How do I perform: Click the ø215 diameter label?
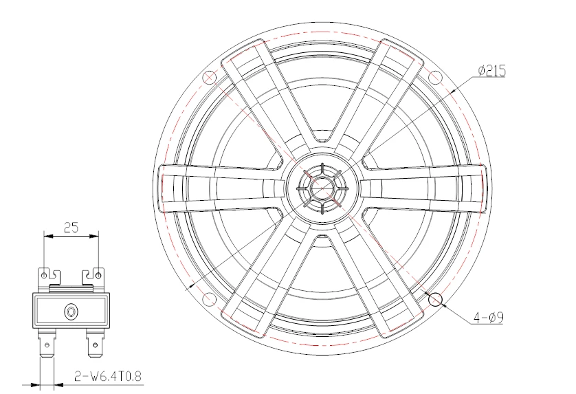pyautogui.click(x=492, y=71)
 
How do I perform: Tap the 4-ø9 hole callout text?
pyautogui.click(x=488, y=317)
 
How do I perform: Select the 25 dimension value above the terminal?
pyautogui.click(x=71, y=228)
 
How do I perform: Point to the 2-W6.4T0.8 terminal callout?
pyautogui.click(x=108, y=376)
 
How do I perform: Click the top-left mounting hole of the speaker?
pyautogui.click(x=210, y=78)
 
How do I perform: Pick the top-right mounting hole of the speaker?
pyautogui.click(x=434, y=77)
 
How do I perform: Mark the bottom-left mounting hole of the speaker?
pyautogui.click(x=210, y=299)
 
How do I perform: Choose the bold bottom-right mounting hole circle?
pyautogui.click(x=435, y=300)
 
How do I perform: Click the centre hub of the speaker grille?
pyautogui.click(x=322, y=188)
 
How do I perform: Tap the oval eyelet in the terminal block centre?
pyautogui.click(x=71, y=312)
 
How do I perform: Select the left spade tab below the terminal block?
pyautogui.click(x=47, y=343)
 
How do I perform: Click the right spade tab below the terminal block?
pyautogui.click(x=96, y=343)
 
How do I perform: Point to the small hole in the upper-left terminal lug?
pyautogui.click(x=45, y=275)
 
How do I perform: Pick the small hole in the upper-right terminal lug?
pyautogui.click(x=98, y=275)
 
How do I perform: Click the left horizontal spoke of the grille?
pyautogui.click(x=221, y=188)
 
